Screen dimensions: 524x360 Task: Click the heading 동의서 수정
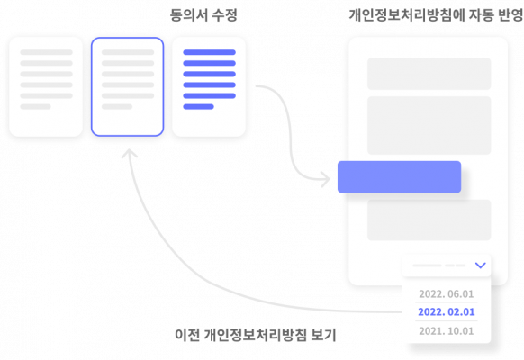(203, 15)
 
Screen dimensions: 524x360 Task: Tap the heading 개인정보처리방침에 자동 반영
(436, 15)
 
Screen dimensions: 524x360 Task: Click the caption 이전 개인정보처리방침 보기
(256, 335)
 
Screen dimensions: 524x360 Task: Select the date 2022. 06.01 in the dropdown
(447, 294)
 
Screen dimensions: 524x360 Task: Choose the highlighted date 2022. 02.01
(447, 312)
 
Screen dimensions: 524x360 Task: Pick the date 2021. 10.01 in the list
(447, 331)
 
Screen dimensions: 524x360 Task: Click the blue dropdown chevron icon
(480, 265)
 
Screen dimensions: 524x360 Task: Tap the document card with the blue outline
(127, 86)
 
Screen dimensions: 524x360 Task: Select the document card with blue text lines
(209, 86)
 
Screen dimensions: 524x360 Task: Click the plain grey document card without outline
(46, 86)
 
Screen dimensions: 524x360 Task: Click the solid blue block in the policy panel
(400, 177)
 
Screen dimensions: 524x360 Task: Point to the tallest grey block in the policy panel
(429, 126)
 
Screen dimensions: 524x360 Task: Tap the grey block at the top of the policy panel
(429, 74)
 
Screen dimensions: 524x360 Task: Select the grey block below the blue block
(429, 220)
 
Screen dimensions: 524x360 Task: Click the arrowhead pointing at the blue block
(326, 180)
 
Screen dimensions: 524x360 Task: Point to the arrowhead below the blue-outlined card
(130, 153)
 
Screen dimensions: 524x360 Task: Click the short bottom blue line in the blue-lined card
(198, 107)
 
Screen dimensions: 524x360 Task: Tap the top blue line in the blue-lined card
(209, 52)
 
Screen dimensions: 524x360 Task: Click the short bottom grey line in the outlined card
(117, 107)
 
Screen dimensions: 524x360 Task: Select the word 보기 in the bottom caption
(323, 335)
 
